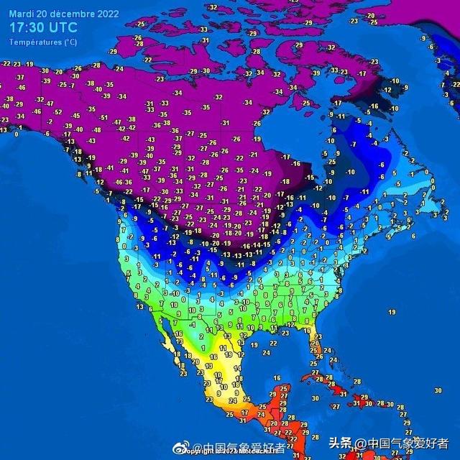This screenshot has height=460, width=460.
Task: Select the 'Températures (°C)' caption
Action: [43, 42]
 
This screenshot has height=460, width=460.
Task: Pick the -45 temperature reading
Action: [75, 115]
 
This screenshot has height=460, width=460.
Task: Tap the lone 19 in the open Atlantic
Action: [392, 312]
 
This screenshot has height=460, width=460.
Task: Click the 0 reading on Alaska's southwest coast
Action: [17, 133]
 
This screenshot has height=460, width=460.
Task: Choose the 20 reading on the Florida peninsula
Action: [314, 344]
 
